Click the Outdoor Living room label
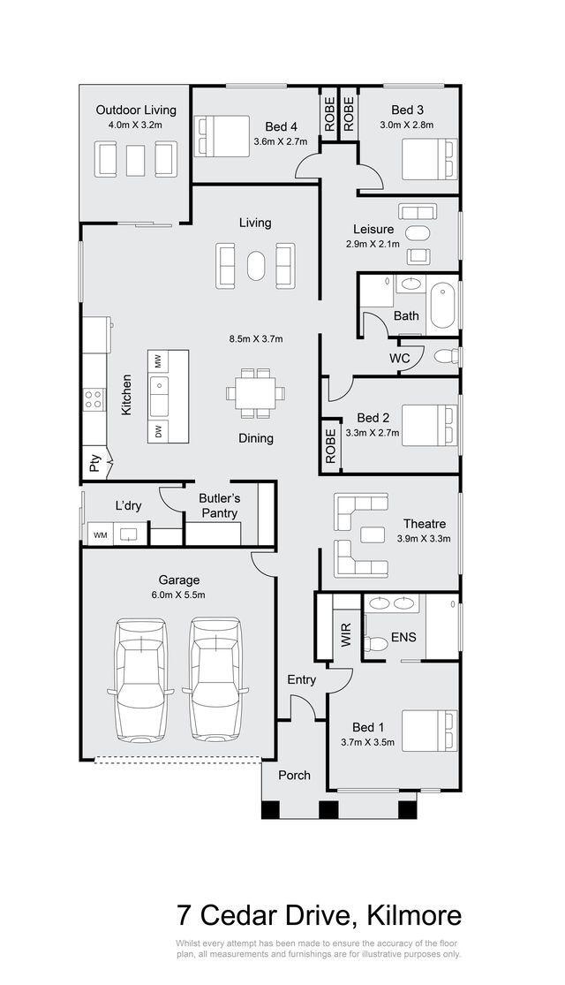coord(136,110)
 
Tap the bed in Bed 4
coord(222,136)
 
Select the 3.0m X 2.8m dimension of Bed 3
coord(406,125)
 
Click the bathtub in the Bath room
coord(443,307)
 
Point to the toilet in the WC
coord(447,357)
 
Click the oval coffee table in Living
coord(255,266)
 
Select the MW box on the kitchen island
coord(158,361)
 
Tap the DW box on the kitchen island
coord(158,432)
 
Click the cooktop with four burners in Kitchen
coord(94,399)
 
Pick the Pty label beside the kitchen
coord(94,464)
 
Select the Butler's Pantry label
coord(219,505)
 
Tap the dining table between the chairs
coord(255,394)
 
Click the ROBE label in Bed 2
coord(331,446)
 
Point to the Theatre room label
coord(425,524)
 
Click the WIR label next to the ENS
coord(347,635)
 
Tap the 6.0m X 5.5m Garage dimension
coord(178,595)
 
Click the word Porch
coord(295,775)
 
